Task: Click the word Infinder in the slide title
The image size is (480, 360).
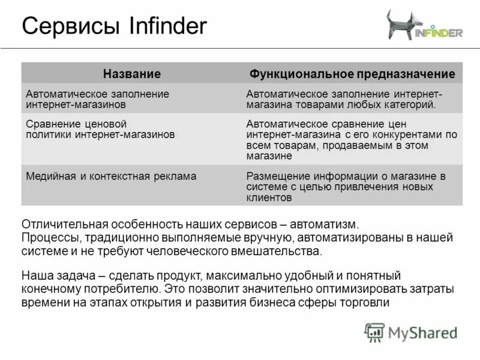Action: point(167,26)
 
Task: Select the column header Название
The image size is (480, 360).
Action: point(132,74)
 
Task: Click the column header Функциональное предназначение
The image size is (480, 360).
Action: point(352,74)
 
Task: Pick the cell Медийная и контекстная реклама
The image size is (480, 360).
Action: point(111,176)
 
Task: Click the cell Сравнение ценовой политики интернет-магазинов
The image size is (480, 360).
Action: point(100,130)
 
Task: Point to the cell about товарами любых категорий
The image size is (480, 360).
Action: point(345,99)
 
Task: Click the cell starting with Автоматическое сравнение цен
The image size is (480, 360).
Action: point(352,140)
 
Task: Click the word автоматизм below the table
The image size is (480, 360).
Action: point(324,225)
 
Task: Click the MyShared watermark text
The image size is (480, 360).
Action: point(422,332)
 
